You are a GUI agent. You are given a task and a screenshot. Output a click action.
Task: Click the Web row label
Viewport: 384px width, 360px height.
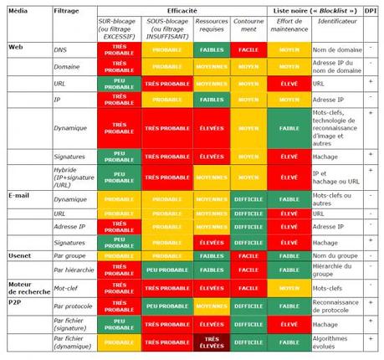pos(15,47)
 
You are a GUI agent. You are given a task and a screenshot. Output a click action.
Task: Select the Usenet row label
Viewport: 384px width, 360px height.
pos(20,255)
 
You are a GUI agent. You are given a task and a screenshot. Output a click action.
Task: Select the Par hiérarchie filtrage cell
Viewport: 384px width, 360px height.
pos(73,272)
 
